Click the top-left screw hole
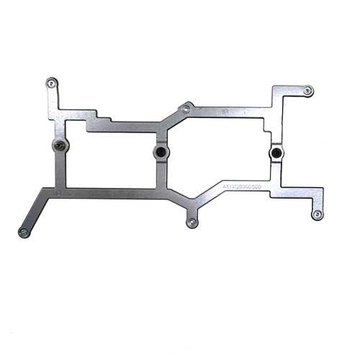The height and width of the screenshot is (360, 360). click(x=50, y=83)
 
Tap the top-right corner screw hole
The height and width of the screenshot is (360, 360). click(x=307, y=91)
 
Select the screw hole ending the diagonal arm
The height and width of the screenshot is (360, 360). click(x=23, y=232)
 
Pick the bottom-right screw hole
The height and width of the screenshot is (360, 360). click(x=317, y=214)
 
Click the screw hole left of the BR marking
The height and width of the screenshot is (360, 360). click(x=186, y=109)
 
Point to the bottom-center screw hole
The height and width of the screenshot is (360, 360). click(x=192, y=222)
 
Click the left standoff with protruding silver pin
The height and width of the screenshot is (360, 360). click(x=59, y=146)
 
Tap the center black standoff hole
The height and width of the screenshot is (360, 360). click(x=161, y=153)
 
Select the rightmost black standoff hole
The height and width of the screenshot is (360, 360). click(x=275, y=153)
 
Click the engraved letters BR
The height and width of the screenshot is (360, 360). click(x=225, y=112)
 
